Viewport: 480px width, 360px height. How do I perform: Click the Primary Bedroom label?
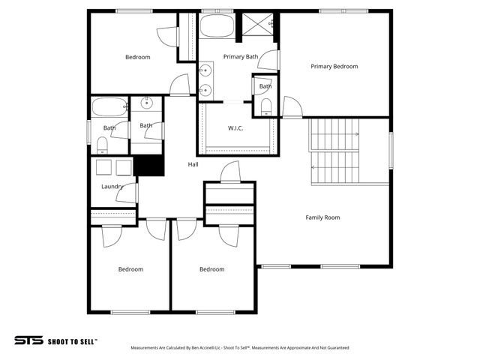pos(334,66)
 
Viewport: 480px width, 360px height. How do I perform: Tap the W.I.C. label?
pos(235,127)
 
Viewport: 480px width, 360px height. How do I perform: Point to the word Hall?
pos(193,164)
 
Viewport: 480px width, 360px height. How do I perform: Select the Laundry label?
pos(112,187)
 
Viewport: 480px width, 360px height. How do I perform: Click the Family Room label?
pos(322,217)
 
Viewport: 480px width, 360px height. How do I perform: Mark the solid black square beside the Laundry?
pos(148,166)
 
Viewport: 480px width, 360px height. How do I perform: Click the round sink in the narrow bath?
pos(147,103)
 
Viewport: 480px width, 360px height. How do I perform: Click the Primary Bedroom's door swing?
pos(292,108)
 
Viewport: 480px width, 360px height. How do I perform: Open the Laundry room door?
pos(127,193)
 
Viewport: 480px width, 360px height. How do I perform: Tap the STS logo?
pos(28,340)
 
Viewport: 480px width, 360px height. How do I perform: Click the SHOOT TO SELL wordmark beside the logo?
pos(73,340)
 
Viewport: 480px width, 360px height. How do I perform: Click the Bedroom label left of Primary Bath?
pos(137,57)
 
